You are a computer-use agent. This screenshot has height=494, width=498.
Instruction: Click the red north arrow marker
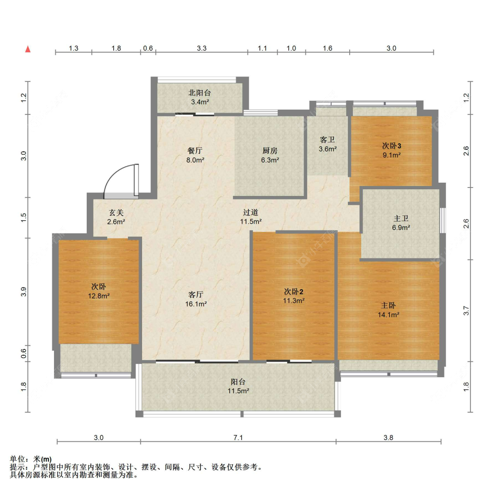tap(28, 49)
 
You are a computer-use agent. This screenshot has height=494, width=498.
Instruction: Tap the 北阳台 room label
tap(200, 93)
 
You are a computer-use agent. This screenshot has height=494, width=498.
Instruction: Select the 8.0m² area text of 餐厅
tap(195, 160)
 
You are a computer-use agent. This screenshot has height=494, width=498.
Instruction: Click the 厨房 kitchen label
tap(270, 151)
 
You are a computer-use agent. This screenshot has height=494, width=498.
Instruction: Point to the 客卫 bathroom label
tap(328, 140)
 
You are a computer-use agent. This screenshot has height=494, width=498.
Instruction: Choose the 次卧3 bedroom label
tap(392, 146)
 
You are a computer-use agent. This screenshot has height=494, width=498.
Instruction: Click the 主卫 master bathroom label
tap(401, 218)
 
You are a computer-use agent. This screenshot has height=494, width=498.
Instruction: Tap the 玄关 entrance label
tap(116, 213)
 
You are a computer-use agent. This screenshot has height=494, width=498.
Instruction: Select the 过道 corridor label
tap(251, 212)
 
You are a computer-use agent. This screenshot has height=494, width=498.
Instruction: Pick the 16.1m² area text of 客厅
tap(196, 304)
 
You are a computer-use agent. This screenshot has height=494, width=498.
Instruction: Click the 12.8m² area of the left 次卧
tap(98, 296)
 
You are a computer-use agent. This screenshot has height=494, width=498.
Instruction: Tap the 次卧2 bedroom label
tap(293, 291)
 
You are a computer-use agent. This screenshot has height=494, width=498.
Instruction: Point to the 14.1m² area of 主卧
tap(388, 315)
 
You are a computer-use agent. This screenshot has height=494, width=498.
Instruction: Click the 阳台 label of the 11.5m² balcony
tap(238, 382)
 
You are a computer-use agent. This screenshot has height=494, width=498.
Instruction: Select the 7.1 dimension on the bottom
tap(238, 437)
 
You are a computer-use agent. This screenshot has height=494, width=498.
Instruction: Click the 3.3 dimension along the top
tap(201, 48)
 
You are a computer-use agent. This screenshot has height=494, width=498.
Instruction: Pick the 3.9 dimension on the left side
tap(24, 291)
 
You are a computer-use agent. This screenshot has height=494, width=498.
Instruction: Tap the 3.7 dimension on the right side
tap(466, 310)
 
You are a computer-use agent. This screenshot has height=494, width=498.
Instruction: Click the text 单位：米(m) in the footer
tap(31, 460)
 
